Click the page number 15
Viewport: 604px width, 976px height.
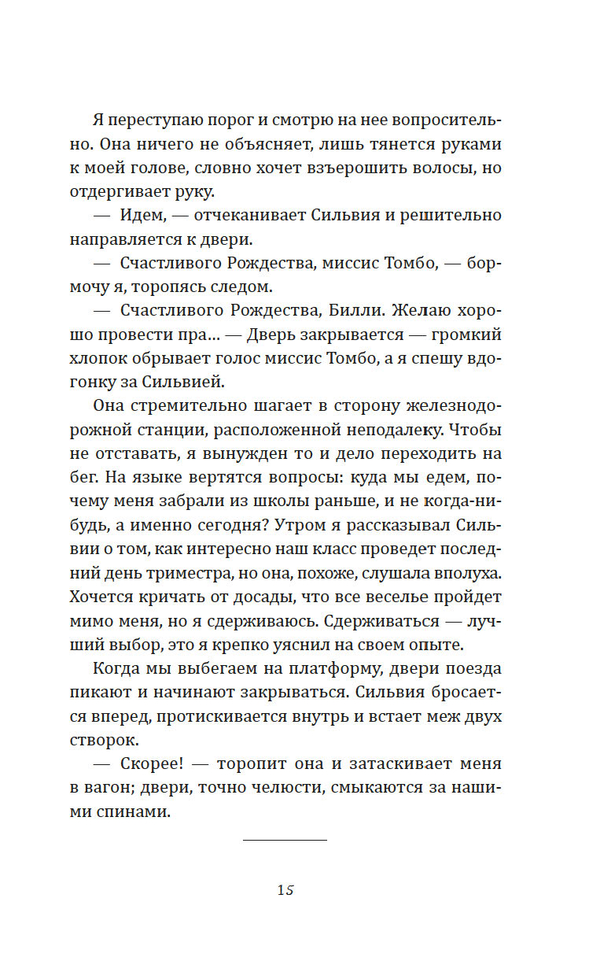tap(285, 890)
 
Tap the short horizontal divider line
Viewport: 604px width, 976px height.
tap(285, 841)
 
